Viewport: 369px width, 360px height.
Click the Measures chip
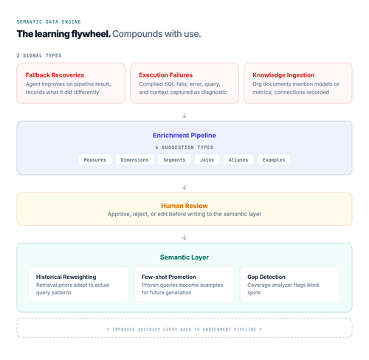pos(94,160)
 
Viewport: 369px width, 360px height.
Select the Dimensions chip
pos(134,160)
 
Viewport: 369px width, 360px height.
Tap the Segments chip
pos(174,160)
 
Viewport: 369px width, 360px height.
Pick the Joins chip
pos(207,160)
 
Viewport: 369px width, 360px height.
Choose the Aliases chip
pos(238,160)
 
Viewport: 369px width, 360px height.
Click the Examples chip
pos(274,160)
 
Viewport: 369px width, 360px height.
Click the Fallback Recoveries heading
pos(55,75)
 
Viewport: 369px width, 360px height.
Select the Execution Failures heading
pos(166,75)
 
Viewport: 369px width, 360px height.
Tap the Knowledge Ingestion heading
pos(283,75)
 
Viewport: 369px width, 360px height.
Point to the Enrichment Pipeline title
pos(184,135)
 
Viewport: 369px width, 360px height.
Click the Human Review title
pos(184,206)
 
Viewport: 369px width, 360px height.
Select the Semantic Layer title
pos(184,257)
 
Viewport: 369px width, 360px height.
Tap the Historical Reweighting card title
pos(66,277)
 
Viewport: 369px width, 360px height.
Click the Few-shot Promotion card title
pos(169,277)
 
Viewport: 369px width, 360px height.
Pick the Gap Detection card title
pos(266,277)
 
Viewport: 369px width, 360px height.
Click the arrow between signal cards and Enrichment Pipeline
pos(184,116)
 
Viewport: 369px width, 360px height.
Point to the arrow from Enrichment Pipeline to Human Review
pos(184,187)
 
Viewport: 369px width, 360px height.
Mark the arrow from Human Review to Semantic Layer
pos(184,238)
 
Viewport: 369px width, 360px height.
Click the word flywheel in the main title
pos(91,34)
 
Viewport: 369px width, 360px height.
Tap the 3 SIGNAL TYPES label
pos(39,55)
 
